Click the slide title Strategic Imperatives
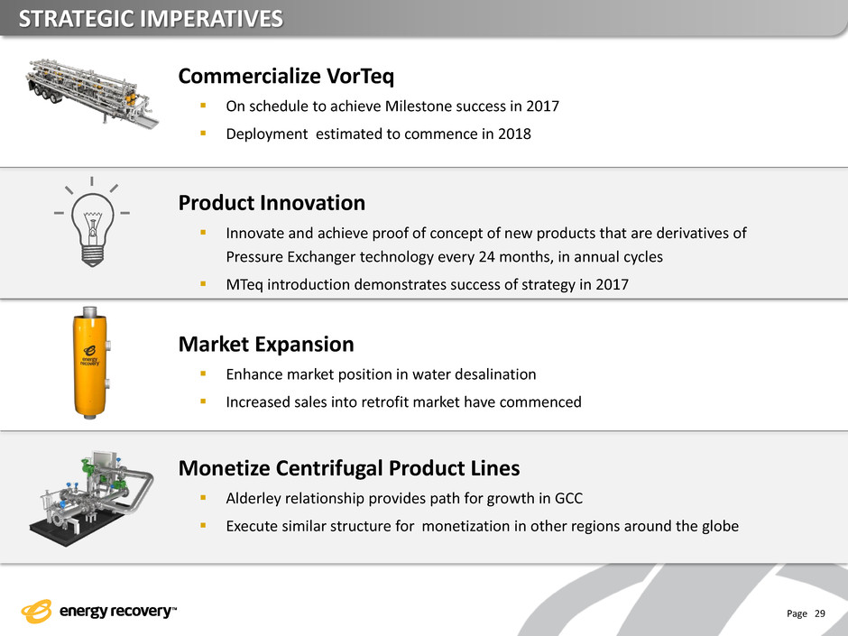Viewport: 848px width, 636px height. [x=151, y=19]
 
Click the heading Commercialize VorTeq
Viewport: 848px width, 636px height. [x=286, y=77]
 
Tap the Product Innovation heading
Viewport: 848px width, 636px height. [x=272, y=203]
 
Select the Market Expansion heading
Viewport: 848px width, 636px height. [x=266, y=344]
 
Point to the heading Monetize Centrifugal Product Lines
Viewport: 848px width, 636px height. [x=349, y=468]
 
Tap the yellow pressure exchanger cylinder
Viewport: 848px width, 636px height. [x=90, y=363]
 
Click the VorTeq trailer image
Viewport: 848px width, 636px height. [x=92, y=93]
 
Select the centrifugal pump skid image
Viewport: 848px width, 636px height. [x=91, y=499]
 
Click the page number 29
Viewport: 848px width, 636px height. [x=820, y=613]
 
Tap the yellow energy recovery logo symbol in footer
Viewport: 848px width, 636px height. [x=37, y=611]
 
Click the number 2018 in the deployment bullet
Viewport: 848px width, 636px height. [x=514, y=134]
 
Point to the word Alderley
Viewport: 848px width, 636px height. [x=253, y=499]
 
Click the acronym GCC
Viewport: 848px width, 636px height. [x=569, y=499]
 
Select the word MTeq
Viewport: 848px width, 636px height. [x=244, y=285]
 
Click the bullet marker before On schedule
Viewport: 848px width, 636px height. [x=203, y=105]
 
